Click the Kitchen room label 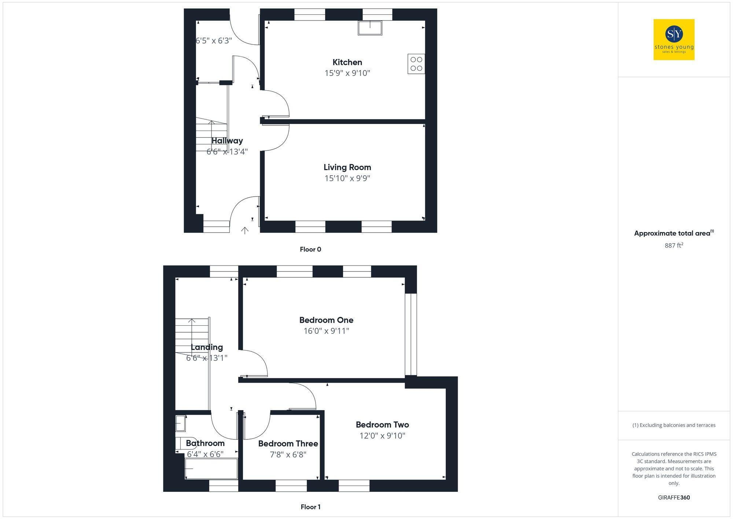(x=347, y=62)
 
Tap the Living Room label (x=347, y=167)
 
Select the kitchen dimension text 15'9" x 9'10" (x=347, y=73)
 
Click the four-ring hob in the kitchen (x=416, y=64)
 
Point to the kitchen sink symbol (x=370, y=28)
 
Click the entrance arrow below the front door (x=244, y=230)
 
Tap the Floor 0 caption (x=310, y=249)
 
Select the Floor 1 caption (x=310, y=507)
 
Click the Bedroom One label (x=326, y=320)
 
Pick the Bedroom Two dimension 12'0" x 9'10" (x=382, y=435)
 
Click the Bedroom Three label (x=288, y=443)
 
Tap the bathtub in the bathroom (x=211, y=468)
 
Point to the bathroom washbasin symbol (x=180, y=423)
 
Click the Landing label (x=207, y=347)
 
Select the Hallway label (x=227, y=140)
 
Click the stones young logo (x=674, y=40)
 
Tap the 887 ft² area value (x=674, y=245)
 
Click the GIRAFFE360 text (x=674, y=497)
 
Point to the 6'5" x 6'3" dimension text (x=214, y=40)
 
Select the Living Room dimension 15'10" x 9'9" (x=347, y=178)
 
